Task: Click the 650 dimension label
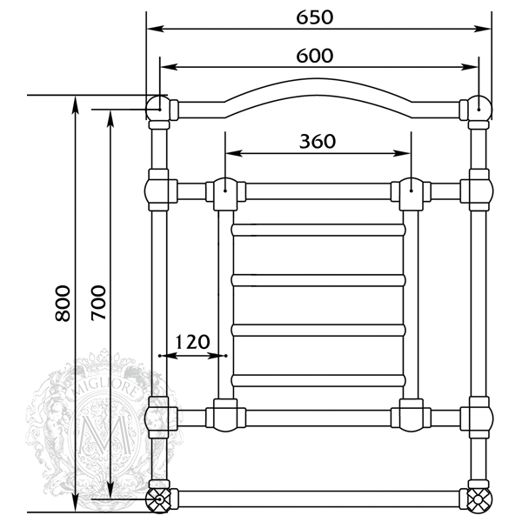[x=315, y=17]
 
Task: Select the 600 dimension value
[x=315, y=56]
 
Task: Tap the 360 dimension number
[x=318, y=141]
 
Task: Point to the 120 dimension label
[x=192, y=342]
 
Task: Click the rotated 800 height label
[x=63, y=303]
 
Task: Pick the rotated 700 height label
[x=98, y=303]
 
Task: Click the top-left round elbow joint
[x=157, y=108]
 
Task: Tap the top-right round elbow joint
[x=480, y=108]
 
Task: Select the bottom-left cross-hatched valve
[x=159, y=500]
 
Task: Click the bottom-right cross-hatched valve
[x=478, y=500]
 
